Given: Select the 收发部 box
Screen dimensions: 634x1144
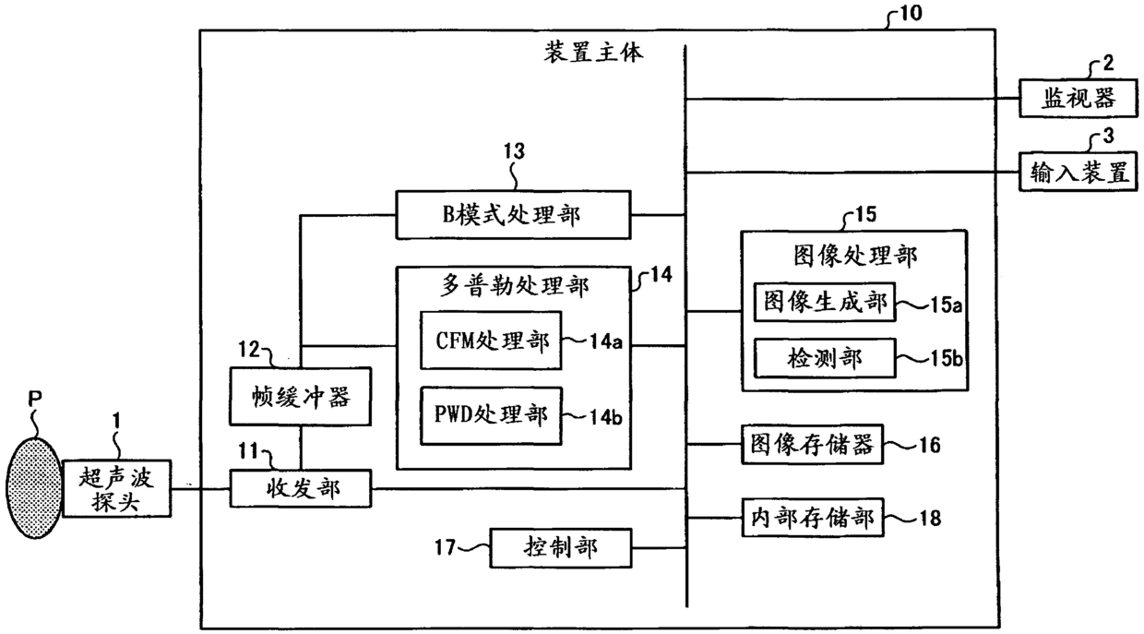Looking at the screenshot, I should click(300, 488).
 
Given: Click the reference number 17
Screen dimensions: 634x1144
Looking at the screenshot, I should click(447, 547).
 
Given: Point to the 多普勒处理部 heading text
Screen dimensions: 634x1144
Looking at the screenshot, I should click(513, 287).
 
